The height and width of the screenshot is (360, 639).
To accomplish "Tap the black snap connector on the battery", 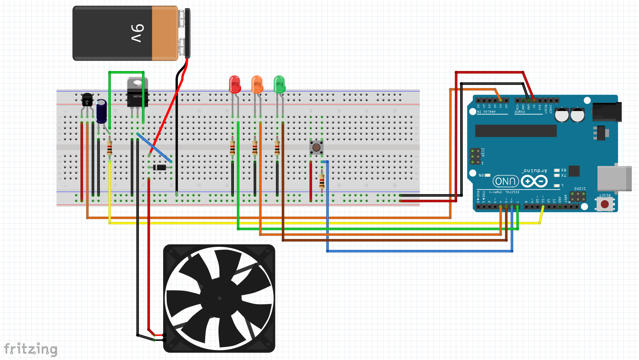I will pos(187,33).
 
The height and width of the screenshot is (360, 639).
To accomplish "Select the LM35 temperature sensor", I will pos(87,100).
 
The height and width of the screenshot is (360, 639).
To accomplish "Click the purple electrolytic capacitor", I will pos(102,111).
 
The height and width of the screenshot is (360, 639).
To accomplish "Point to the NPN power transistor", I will pos(137,92).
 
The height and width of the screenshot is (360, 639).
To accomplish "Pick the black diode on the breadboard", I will pos(160,168).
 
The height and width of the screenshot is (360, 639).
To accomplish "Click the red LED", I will pos(235,84).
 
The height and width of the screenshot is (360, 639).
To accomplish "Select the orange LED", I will pos(257,84).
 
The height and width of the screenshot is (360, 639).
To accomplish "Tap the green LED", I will pos(280,84).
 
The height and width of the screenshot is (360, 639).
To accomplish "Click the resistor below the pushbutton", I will pos(322,181).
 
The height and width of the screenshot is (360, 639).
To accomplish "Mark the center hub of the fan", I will pos(219,298).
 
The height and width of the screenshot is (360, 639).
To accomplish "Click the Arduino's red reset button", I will pos(605,204).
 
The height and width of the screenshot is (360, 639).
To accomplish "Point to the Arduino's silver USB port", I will pos(614,178).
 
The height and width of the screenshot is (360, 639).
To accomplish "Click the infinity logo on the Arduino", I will pos(534,181).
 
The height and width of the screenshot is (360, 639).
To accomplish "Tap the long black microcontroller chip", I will pos(516,131).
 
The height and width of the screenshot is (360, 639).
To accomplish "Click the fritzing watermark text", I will pos(31,349).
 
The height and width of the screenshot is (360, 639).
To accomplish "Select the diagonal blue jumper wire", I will pos(155,148).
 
